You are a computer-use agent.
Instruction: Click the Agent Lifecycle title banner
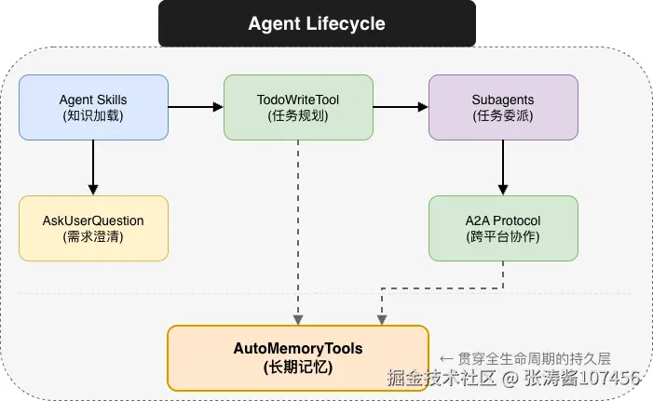(317, 23)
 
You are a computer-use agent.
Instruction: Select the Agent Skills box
(93, 107)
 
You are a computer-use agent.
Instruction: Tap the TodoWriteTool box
(298, 107)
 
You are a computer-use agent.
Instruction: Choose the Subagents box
(503, 107)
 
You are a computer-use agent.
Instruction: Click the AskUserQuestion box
(93, 228)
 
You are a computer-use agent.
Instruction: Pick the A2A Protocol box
(503, 228)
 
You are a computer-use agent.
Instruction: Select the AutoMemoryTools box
(297, 357)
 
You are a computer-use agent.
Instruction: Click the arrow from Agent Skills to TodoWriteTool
(196, 107)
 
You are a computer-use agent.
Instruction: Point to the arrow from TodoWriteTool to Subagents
(401, 107)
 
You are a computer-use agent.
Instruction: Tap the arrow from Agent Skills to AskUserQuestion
(93, 167)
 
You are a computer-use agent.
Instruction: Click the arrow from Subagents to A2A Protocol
(503, 167)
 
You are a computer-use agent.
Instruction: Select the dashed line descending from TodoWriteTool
(298, 233)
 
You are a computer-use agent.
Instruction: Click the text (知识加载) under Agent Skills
(93, 116)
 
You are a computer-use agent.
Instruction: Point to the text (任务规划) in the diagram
(298, 116)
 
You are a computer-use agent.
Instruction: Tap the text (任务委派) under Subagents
(503, 116)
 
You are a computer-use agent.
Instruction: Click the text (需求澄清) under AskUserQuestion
(93, 237)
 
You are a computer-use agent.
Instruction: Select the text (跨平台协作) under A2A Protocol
(503, 237)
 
